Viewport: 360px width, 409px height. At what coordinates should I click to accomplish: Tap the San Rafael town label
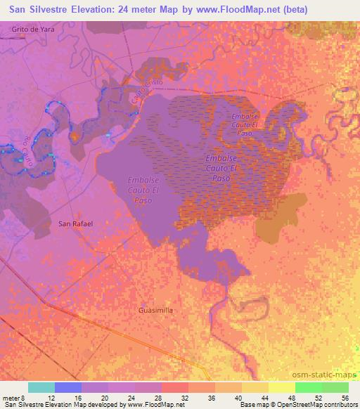(75, 223)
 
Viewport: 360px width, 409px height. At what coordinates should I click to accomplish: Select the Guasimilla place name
(156, 309)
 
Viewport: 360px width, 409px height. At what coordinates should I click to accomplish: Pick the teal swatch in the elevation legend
(41, 387)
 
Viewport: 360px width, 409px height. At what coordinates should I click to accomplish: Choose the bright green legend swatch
(308, 387)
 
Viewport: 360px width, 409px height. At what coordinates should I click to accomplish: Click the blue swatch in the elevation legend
(68, 387)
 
